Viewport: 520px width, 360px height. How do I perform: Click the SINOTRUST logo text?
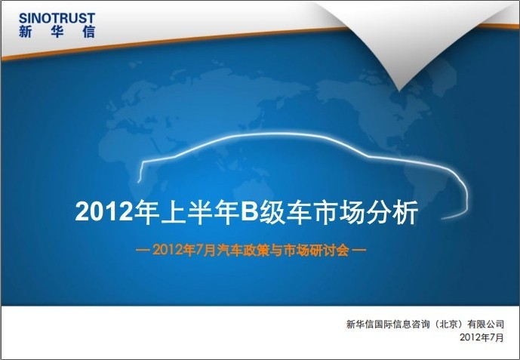[57, 18]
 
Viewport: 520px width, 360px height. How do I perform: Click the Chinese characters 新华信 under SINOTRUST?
[57, 32]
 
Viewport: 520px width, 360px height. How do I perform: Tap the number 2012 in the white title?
[104, 212]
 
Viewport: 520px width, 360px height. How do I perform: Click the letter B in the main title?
[249, 211]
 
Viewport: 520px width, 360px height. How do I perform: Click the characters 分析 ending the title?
[392, 212]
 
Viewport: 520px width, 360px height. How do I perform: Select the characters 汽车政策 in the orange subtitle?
[244, 251]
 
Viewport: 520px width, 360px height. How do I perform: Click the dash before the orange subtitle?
[143, 251]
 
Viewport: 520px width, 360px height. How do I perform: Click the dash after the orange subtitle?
[359, 251]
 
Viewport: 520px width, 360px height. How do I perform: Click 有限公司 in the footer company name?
[485, 324]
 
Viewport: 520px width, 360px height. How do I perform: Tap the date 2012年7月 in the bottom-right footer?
[482, 337]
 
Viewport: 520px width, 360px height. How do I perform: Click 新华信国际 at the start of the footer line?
[369, 324]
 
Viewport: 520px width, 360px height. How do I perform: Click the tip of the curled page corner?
[400, 90]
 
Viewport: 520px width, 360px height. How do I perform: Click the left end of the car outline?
[138, 182]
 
